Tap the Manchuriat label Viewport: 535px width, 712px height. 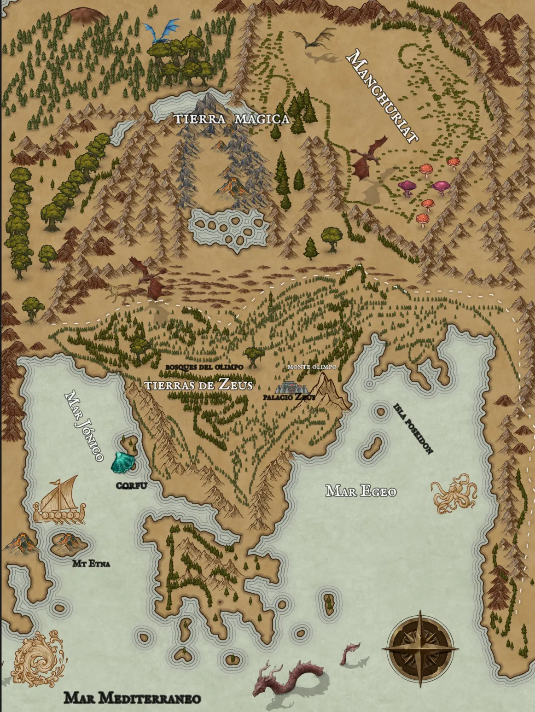click(383, 96)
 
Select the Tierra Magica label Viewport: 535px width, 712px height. click(232, 119)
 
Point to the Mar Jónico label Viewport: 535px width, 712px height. click(84, 426)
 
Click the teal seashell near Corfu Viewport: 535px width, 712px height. click(123, 462)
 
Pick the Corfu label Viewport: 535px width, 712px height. click(131, 485)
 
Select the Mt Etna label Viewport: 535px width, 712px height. click(91, 563)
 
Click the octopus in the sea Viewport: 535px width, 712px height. click(453, 495)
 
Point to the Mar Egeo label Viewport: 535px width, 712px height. click(361, 491)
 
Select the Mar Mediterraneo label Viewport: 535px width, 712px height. click(132, 698)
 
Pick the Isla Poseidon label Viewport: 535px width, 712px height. click(413, 428)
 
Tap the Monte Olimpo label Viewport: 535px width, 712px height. click(312, 367)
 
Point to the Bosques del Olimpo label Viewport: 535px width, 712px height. click(204, 367)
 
